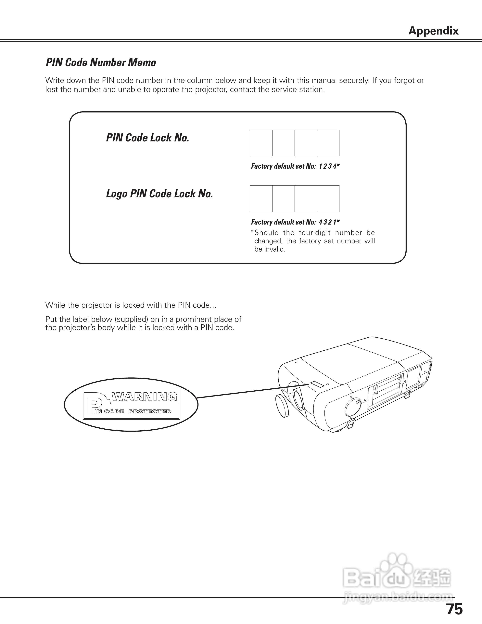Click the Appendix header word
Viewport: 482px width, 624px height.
pyautogui.click(x=433, y=31)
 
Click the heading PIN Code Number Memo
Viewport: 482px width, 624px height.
pyautogui.click(x=101, y=63)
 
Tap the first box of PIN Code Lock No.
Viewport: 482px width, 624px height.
pyautogui.click(x=261, y=143)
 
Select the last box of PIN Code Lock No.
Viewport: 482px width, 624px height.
pyautogui.click(x=328, y=143)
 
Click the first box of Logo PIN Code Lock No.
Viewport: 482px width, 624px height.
pyautogui.click(x=261, y=199)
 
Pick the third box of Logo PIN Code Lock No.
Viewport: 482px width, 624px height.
pyautogui.click(x=306, y=199)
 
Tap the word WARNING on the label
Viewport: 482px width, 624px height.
pyautogui.click(x=144, y=397)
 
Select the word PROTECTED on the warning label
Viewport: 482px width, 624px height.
pyautogui.click(x=150, y=411)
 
